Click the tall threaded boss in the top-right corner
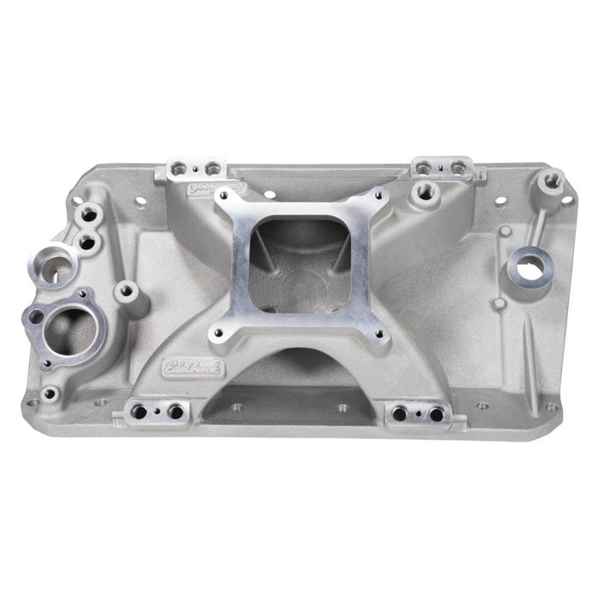(x=552, y=179)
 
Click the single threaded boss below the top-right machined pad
(x=421, y=194)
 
